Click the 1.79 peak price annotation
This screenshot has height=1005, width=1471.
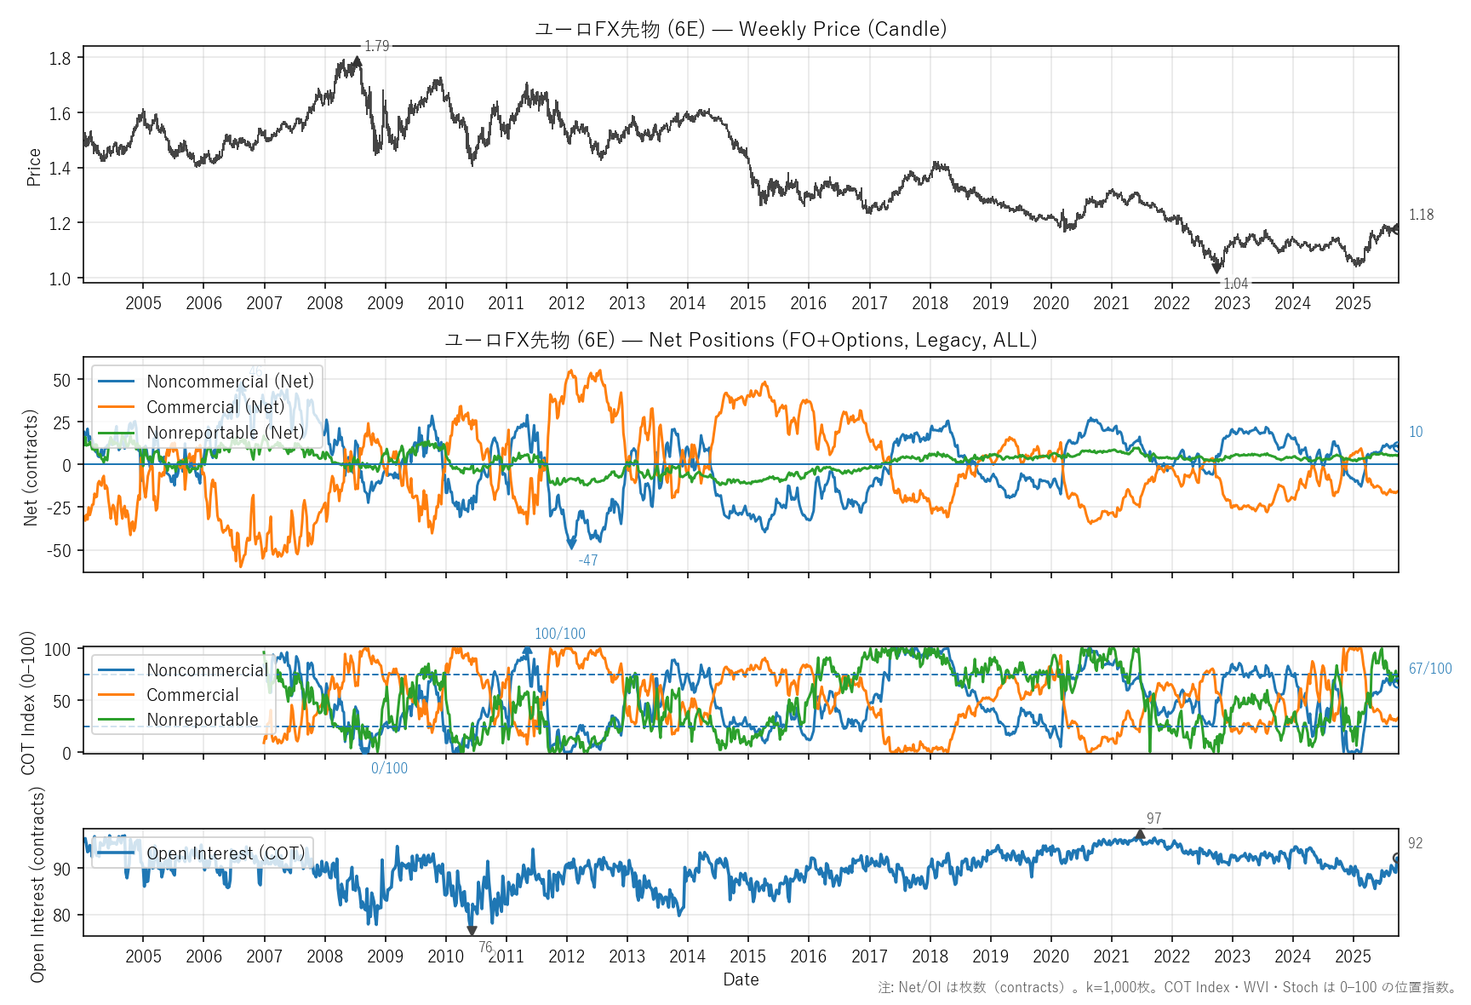coord(376,46)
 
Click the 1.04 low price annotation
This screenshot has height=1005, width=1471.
coord(1235,284)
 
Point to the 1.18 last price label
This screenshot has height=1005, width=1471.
coord(1421,215)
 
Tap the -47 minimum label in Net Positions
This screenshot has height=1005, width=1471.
coord(587,560)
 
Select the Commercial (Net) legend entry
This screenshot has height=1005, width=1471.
coord(215,407)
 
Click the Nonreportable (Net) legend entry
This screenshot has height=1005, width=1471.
coord(225,433)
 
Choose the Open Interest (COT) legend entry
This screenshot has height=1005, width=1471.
coord(225,853)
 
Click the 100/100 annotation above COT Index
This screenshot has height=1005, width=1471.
coord(559,634)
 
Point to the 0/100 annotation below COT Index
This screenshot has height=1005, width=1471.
coord(389,768)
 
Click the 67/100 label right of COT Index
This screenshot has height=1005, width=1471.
coord(1430,669)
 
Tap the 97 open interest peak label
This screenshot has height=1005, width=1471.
coord(1153,818)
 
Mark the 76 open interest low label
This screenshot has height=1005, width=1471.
coord(485,947)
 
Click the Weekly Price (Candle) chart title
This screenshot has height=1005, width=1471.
coord(741,29)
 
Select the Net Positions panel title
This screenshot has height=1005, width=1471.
coord(741,340)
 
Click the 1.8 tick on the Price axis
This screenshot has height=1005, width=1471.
coord(60,58)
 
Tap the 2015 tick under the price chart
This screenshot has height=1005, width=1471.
coord(747,303)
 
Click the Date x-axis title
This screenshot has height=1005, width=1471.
coord(741,979)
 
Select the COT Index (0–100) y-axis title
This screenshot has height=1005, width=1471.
coord(29,703)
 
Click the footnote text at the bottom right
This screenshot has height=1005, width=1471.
coord(1167,988)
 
